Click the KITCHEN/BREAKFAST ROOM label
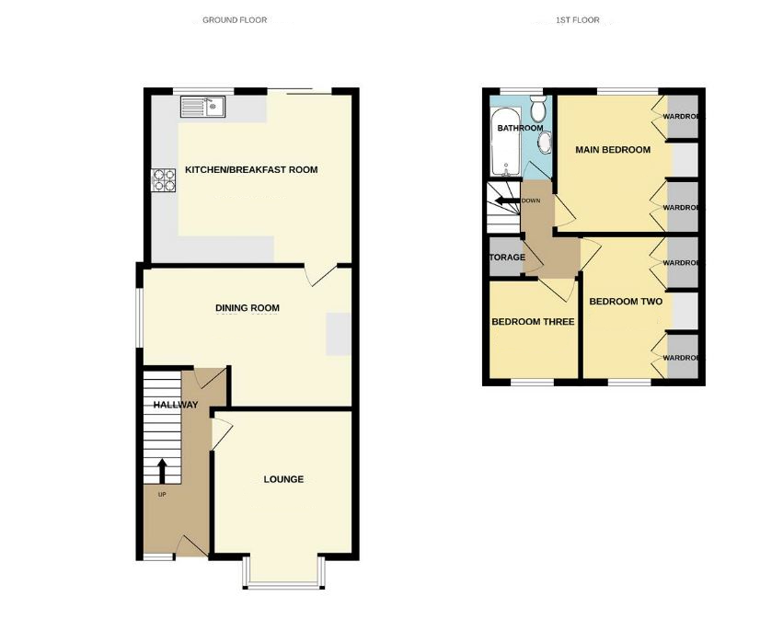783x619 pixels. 251,170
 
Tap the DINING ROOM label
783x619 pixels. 248,308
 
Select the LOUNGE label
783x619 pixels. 283,479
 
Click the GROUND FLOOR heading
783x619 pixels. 235,19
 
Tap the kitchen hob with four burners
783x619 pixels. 164,179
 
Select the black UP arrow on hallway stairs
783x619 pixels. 162,470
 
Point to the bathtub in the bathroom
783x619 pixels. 506,143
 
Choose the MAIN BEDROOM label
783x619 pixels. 613,150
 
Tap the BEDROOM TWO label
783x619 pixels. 626,302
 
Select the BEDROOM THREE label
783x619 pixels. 533,322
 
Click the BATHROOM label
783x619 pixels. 520,129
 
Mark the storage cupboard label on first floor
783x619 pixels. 506,258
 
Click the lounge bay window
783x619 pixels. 283,579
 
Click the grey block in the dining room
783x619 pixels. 338,333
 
